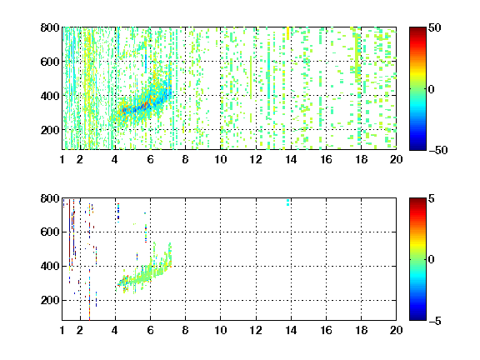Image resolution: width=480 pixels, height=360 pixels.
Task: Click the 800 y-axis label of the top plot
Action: [x=50, y=27]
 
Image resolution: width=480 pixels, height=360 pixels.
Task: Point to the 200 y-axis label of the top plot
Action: [x=50, y=130]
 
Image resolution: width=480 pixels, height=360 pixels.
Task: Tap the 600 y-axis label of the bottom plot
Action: [x=50, y=232]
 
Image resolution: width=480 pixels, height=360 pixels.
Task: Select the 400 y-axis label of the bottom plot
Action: [x=50, y=266]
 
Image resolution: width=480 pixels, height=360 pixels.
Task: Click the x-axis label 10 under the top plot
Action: [x=220, y=159]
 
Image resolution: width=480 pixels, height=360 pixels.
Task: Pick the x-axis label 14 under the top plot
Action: [x=291, y=159]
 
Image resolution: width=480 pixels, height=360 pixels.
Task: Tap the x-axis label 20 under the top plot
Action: [x=396, y=159]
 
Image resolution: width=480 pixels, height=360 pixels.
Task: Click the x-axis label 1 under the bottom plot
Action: [x=62, y=330]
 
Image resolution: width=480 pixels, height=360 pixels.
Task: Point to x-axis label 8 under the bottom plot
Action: [x=185, y=330]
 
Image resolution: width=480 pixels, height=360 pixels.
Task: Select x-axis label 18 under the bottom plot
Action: [x=361, y=330]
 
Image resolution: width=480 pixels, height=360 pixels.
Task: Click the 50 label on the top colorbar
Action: [x=435, y=27]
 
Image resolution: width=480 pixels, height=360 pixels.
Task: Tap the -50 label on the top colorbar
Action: [x=438, y=150]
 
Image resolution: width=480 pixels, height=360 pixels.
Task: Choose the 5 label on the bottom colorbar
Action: [x=432, y=198]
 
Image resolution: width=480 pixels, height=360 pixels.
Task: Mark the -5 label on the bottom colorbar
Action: [x=435, y=321]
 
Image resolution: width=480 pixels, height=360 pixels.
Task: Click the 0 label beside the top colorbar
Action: [x=432, y=89]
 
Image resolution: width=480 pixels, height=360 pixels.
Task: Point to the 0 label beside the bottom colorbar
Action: [x=432, y=259]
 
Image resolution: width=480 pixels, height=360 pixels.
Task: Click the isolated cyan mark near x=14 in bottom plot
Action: [x=287, y=202]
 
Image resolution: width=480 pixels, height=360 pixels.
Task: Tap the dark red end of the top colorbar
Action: [x=417, y=30]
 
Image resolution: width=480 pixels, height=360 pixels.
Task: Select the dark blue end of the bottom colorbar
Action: [x=417, y=317]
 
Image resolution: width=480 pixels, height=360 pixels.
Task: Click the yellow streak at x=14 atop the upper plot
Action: [x=287, y=33]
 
